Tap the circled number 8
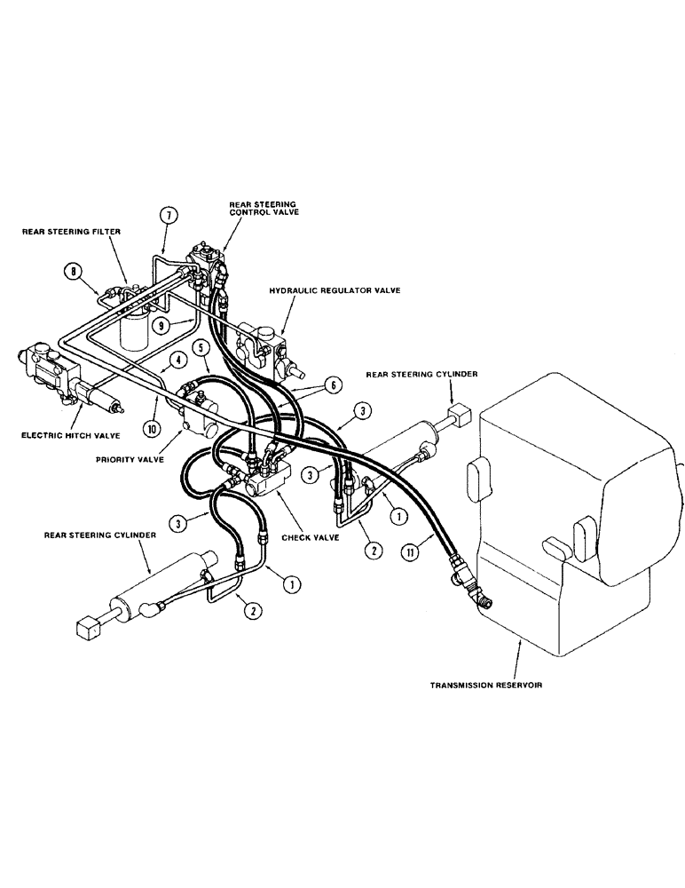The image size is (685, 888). coord(73,270)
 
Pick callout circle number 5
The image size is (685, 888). coord(202,349)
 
